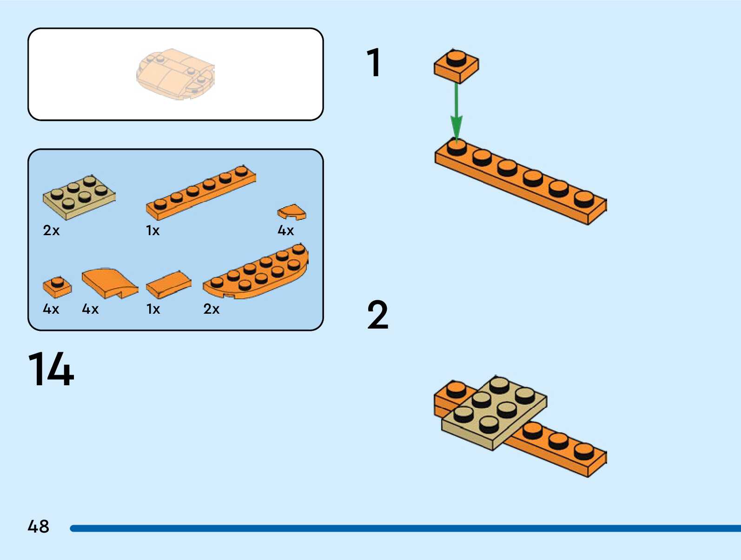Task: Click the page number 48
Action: (x=39, y=527)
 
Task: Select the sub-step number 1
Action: (x=374, y=62)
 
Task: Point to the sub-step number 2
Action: (x=378, y=315)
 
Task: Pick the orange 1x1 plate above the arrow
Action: (x=456, y=66)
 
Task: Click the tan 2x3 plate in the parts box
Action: (x=79, y=198)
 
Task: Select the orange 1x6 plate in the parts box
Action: (x=201, y=192)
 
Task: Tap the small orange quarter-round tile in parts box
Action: (x=291, y=212)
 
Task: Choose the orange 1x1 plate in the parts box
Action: (x=57, y=287)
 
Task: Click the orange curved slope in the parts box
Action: (x=110, y=283)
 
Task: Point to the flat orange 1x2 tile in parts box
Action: (x=168, y=284)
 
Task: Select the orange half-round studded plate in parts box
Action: (x=256, y=271)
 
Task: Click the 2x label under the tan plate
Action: (x=51, y=231)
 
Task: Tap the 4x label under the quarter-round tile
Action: (x=285, y=231)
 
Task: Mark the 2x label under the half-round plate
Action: (x=212, y=309)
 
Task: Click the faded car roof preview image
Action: (x=176, y=74)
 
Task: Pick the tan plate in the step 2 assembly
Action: (x=494, y=413)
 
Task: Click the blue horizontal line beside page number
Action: (x=405, y=528)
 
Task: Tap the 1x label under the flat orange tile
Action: (x=153, y=309)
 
